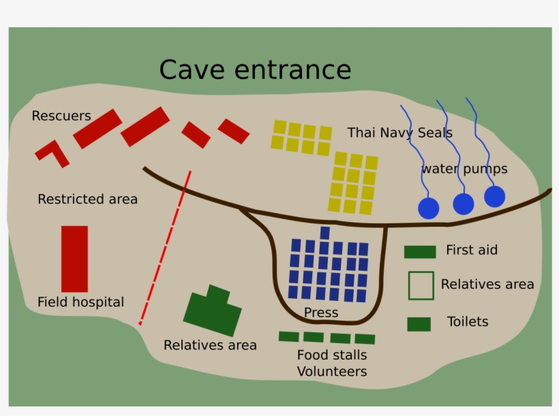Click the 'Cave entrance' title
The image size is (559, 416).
[x=255, y=70]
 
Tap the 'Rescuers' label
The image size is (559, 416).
[x=61, y=116]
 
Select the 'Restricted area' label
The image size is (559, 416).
[x=87, y=199]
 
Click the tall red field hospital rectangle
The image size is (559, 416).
[x=74, y=259]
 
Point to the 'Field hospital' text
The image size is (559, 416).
[x=80, y=302]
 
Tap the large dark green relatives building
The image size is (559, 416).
[x=213, y=313]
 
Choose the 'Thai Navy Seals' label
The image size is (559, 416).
[x=399, y=133]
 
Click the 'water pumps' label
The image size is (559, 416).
[x=464, y=169]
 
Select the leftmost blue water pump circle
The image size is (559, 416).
[x=428, y=208]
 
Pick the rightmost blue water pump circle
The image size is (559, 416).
[x=494, y=197]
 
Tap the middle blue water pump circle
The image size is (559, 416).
[x=463, y=204]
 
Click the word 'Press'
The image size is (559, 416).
[x=321, y=313]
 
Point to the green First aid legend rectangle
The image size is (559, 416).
[x=419, y=252]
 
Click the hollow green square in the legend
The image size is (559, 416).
[x=421, y=285]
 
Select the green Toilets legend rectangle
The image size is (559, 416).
[x=419, y=324]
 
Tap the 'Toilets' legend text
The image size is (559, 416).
[x=468, y=321]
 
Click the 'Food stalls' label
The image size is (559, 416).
[x=332, y=355]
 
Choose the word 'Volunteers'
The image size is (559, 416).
[x=332, y=372]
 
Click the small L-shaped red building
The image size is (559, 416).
[x=52, y=153]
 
